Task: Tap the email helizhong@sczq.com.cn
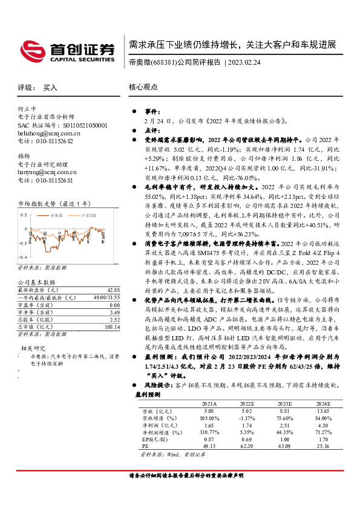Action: tap(49, 132)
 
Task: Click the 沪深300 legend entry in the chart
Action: tap(85, 215)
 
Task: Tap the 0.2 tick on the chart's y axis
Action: tap(24, 215)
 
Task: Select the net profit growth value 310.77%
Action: tap(208, 432)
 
